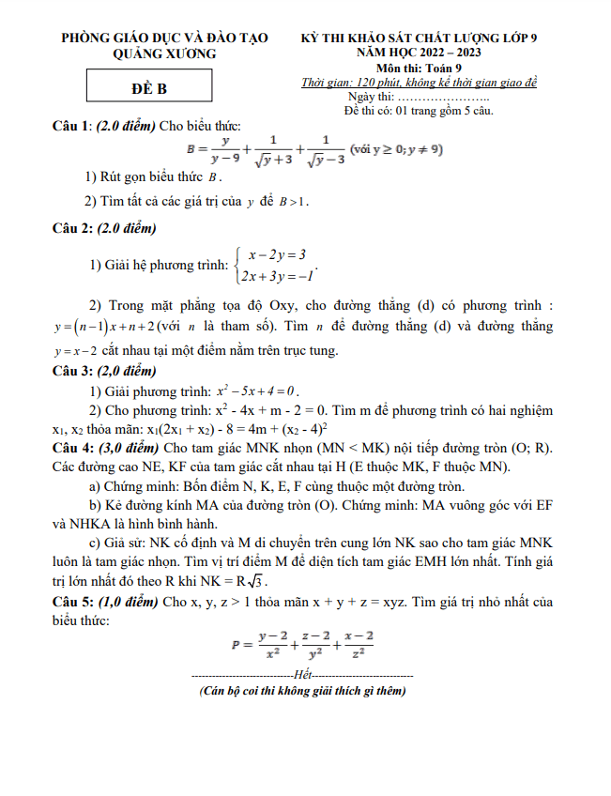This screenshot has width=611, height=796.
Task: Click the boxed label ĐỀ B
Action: coord(148,89)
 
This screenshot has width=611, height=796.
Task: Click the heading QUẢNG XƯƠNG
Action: coord(164,54)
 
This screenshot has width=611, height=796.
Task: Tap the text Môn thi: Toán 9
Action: coord(420,68)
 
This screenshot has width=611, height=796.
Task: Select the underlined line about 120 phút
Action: coord(419,83)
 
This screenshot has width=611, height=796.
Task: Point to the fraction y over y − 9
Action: coord(224,149)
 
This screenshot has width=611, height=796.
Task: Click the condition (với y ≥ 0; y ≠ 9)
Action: coord(396,149)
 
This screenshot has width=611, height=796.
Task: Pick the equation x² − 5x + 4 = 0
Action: coord(257,390)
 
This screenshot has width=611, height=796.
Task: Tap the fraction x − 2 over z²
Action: coord(357,644)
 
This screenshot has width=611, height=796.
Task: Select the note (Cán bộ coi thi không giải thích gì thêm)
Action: coord(302,691)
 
